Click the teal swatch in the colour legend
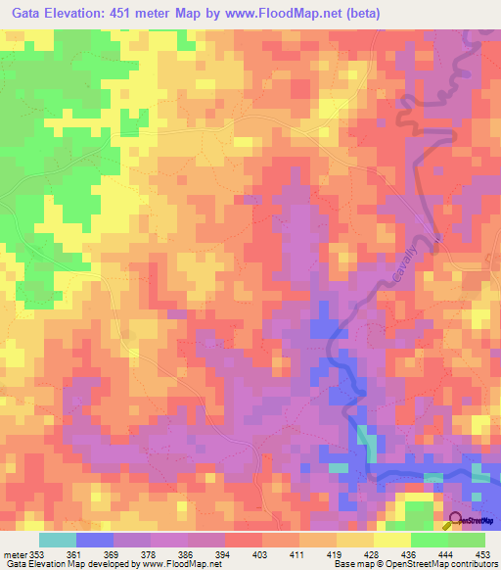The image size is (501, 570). [x=58, y=540]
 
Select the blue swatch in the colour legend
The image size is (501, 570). [x=95, y=540]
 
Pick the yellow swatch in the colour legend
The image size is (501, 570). [x=391, y=540]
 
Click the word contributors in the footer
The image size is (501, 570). [x=473, y=563]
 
